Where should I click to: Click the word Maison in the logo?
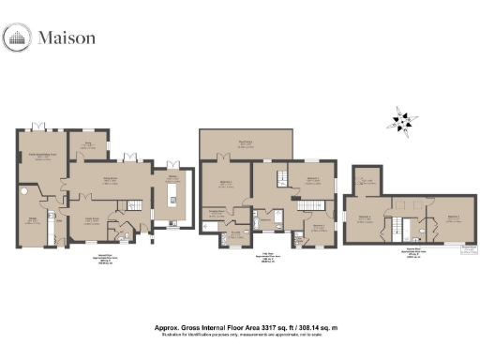[67, 38]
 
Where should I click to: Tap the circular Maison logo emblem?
[19, 38]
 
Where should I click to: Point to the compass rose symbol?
[401, 122]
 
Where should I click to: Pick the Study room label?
[91, 144]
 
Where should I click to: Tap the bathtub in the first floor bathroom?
[278, 224]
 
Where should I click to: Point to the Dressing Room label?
[217, 213]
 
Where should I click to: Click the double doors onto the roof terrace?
[224, 157]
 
